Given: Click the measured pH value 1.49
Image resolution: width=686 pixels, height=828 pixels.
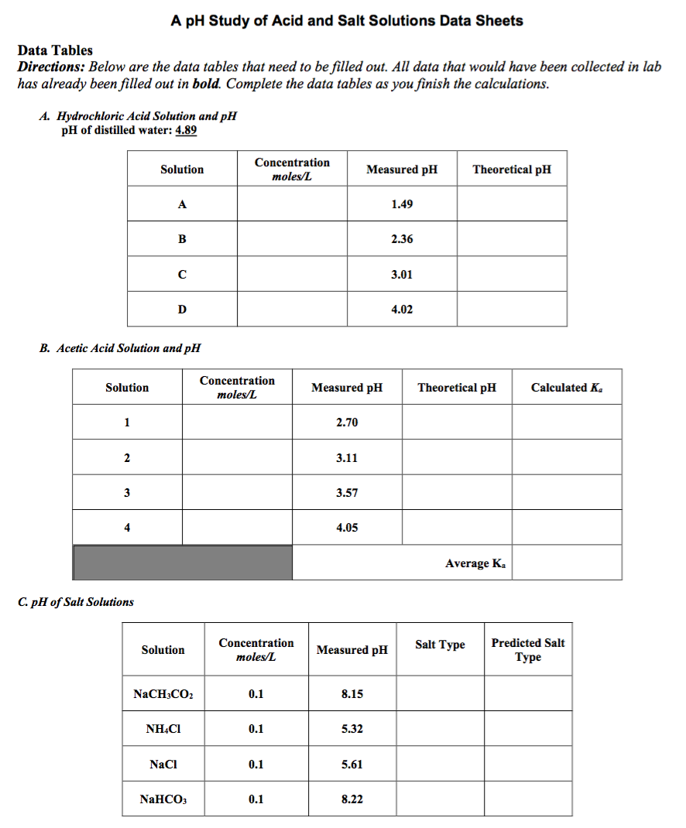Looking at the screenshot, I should point(402,204).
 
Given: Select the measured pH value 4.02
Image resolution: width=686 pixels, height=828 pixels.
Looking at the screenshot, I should point(402,310).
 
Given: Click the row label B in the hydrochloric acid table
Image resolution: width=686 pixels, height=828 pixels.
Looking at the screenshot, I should point(182,239).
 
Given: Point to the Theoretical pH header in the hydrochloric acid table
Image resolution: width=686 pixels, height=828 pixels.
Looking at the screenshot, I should point(512,169).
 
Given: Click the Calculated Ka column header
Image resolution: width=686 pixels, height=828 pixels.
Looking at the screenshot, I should point(566,388).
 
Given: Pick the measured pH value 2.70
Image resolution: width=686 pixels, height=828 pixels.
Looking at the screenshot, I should point(347,423).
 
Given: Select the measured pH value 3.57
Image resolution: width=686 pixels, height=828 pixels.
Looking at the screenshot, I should point(347,493).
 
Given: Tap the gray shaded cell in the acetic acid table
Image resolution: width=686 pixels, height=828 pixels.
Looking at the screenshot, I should point(183,563).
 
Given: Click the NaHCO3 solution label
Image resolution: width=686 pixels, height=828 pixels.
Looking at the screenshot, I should point(163,799).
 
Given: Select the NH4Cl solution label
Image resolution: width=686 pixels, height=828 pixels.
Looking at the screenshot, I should point(163,729).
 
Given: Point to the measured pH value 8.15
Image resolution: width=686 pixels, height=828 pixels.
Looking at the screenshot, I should point(352,694).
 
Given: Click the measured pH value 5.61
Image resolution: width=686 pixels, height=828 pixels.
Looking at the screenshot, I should point(352,765).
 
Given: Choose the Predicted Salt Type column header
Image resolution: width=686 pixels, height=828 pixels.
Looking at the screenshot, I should point(528,650).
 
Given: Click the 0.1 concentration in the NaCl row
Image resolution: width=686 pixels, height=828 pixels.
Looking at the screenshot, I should point(256,765).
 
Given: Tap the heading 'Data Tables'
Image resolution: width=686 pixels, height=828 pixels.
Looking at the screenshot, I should point(55,50).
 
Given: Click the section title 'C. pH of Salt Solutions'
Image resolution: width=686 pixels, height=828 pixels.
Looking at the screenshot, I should point(76,602).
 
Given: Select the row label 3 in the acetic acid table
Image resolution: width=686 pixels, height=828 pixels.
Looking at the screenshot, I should point(127,493).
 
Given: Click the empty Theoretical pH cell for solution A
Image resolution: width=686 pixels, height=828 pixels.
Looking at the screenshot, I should point(512,204).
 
